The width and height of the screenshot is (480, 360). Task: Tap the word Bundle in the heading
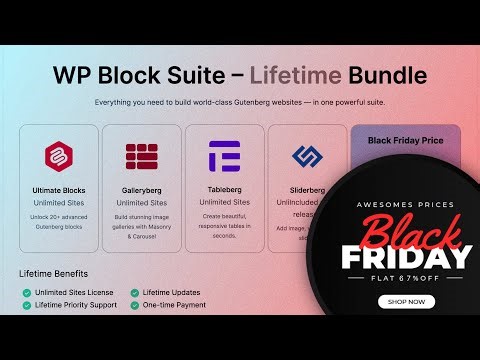point(385,75)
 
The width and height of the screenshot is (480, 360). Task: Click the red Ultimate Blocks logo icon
point(59,157)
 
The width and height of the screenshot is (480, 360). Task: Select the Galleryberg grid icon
point(142,157)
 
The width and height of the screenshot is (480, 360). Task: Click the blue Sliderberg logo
point(305,157)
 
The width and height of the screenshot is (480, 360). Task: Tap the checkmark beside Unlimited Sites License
point(27,292)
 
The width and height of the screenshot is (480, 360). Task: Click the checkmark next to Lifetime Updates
point(134,292)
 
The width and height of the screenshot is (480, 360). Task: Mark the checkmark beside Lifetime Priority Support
point(27,305)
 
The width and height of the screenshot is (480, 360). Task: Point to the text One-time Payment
point(175,305)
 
